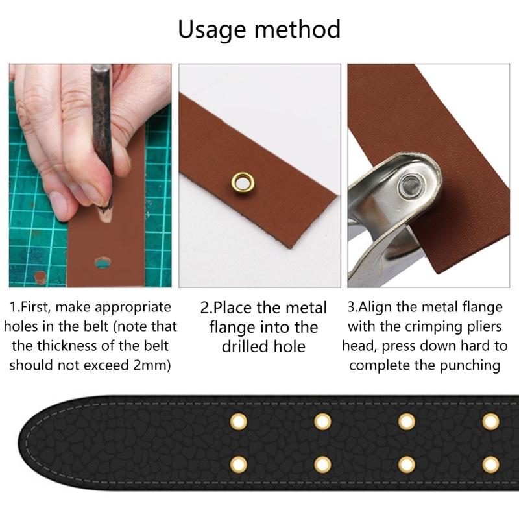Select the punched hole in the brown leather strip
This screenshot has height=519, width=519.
point(103,263)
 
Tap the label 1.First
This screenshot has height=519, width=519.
point(33,307)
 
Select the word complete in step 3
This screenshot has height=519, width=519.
point(380,365)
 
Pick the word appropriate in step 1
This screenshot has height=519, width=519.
point(132,307)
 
